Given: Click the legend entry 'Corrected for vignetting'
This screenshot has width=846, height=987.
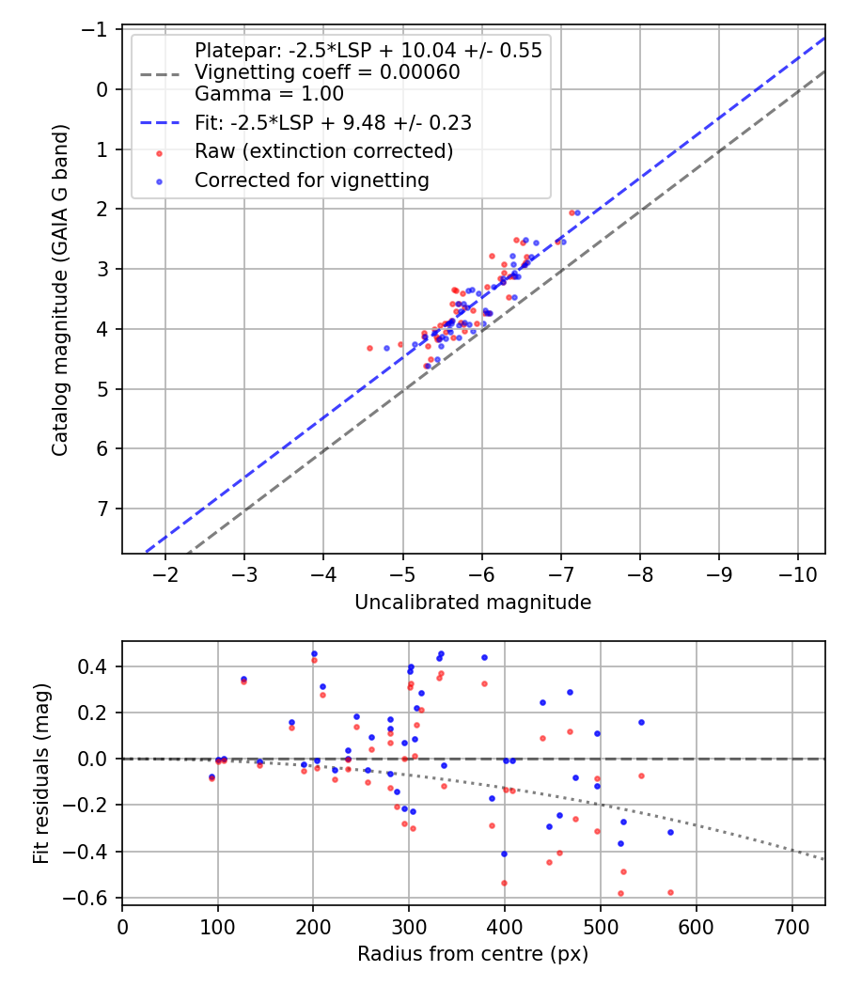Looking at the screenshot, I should pyautogui.click(x=311, y=180).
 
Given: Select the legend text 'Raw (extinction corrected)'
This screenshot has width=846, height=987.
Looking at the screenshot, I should pyautogui.click(x=324, y=151).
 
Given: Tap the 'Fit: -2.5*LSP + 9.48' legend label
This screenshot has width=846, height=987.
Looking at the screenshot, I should pyautogui.click(x=333, y=122).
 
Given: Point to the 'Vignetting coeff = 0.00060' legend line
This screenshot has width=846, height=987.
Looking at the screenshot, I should pyautogui.click(x=327, y=72).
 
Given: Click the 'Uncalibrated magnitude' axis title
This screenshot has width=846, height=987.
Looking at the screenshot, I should pyautogui.click(x=473, y=603).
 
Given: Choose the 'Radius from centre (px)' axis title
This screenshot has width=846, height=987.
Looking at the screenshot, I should pyautogui.click(x=473, y=954).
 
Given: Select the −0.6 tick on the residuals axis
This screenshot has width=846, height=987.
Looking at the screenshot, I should pyautogui.click(x=92, y=898).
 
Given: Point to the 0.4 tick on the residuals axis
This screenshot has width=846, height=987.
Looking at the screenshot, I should pyautogui.click(x=98, y=666).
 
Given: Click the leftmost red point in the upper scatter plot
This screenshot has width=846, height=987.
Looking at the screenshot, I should pyautogui.click(x=369, y=348).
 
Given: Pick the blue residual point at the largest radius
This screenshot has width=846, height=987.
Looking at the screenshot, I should pyautogui.click(x=670, y=832).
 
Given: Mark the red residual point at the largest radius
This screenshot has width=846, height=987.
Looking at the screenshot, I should pyautogui.click(x=670, y=892).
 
